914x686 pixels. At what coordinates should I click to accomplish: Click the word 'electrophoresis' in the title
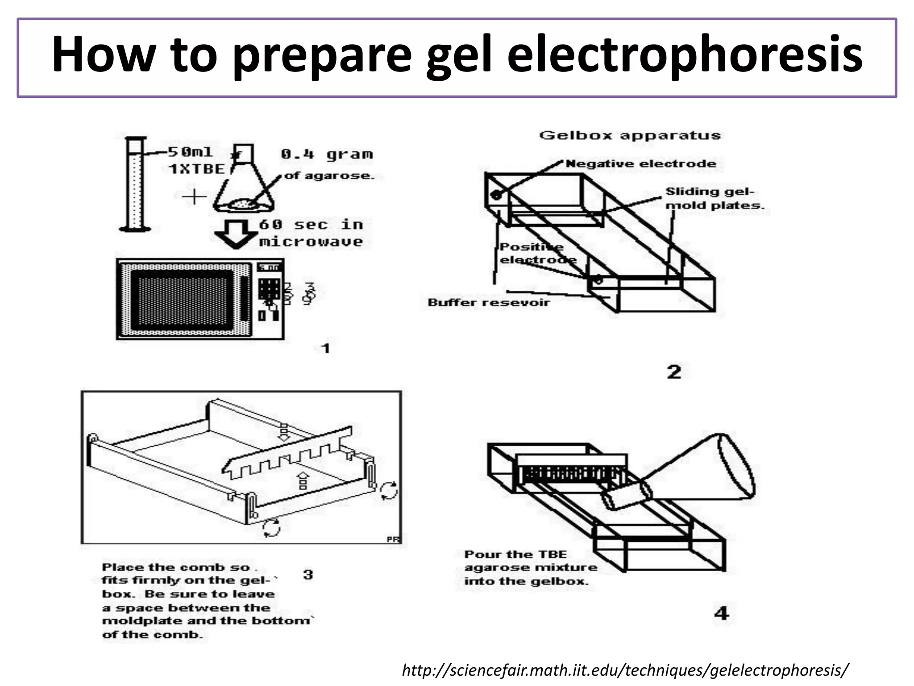685,56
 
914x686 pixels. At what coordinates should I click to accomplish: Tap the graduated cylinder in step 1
135,185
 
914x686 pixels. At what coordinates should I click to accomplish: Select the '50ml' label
190,152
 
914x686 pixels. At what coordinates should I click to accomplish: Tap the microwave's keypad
269,289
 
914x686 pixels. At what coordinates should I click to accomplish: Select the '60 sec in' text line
311,225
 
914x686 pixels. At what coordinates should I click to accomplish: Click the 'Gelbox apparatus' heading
630,135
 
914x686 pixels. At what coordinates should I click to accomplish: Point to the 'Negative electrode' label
640,164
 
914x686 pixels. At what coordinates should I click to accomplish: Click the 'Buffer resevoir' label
488,303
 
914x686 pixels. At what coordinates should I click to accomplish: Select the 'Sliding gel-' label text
710,192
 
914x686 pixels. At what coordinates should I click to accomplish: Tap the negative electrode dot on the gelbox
496,195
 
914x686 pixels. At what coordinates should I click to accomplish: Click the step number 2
674,372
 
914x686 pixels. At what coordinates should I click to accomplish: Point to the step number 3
308,574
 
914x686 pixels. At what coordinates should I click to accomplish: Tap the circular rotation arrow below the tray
271,528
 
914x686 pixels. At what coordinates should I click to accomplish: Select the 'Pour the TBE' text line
515,555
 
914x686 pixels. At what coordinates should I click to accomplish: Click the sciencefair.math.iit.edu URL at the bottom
625,670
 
